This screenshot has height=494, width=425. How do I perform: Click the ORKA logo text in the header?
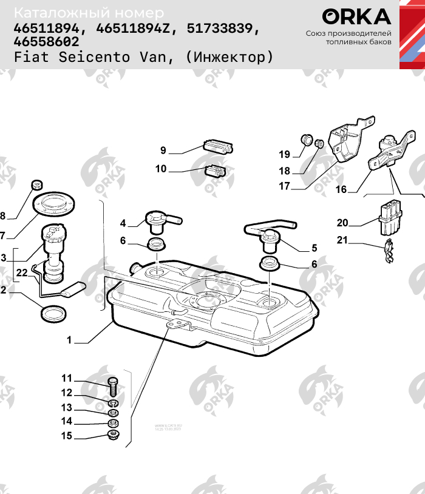pyautogui.click(x=356, y=16)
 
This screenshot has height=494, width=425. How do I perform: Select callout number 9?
pyautogui.click(x=163, y=150)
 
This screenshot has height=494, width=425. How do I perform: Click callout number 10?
pyautogui.click(x=160, y=169)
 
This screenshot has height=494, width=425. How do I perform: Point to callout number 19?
pyautogui.click(x=285, y=154)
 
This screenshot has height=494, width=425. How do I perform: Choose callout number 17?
pyautogui.click(x=284, y=186)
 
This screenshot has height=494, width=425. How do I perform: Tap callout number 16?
pyautogui.click(x=341, y=189)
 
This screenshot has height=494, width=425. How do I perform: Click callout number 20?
pyautogui.click(x=342, y=223)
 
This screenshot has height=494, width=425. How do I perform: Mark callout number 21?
pyautogui.click(x=342, y=240)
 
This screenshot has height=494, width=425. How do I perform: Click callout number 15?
pyautogui.click(x=66, y=435)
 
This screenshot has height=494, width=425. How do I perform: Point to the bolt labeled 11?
pyautogui.click(x=113, y=385)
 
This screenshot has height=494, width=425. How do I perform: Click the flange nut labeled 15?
pyautogui.click(x=112, y=435)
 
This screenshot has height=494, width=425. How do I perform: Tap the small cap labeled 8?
pyautogui.click(x=36, y=184)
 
